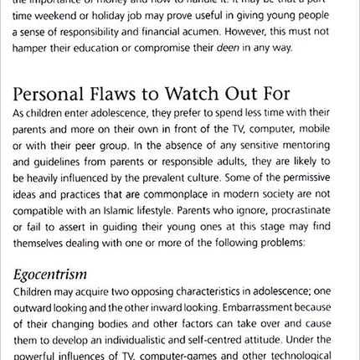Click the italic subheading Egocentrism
click(50, 274)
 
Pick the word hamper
click(32, 48)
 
